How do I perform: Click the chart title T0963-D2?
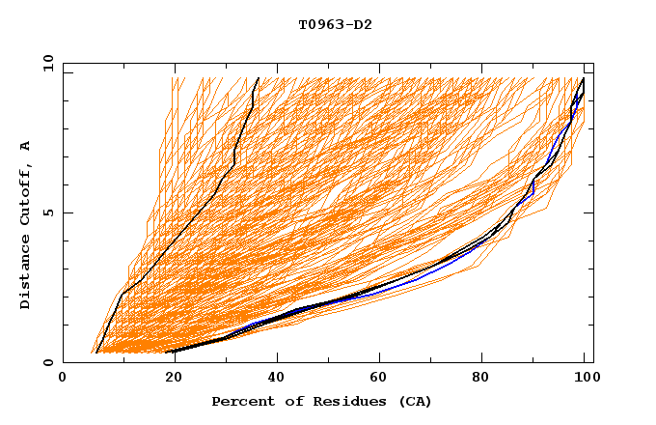335,24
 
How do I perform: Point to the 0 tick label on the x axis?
63,379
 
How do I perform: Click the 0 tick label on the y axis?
47,363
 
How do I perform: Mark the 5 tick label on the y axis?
47,212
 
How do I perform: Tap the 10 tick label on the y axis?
43,63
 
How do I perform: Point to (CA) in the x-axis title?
413,401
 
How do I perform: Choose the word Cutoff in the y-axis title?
25,197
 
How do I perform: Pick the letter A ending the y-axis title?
25,146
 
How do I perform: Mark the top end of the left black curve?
258,78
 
